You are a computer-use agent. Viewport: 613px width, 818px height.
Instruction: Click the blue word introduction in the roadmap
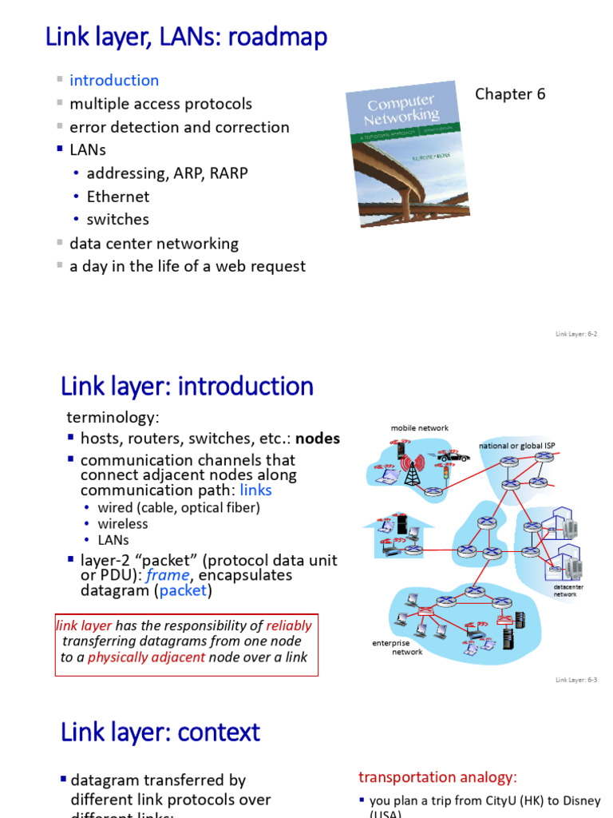(x=114, y=80)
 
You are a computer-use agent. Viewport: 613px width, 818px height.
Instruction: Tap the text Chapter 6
(x=510, y=94)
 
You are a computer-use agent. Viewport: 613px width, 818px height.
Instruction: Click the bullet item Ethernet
(x=118, y=196)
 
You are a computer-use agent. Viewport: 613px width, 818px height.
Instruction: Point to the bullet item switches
(x=118, y=219)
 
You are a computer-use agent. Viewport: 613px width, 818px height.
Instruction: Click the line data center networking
(x=154, y=243)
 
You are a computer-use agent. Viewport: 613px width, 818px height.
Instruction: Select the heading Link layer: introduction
(x=187, y=387)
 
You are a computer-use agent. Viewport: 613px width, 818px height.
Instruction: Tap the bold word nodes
(x=318, y=439)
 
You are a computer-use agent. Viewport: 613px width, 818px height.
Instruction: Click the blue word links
(x=255, y=490)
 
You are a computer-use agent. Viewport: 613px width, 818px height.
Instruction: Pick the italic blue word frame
(x=173, y=575)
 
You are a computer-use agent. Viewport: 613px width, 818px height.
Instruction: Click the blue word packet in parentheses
(x=184, y=591)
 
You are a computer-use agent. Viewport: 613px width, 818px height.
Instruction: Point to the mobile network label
(x=419, y=428)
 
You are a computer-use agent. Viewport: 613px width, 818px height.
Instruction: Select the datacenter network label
(x=564, y=590)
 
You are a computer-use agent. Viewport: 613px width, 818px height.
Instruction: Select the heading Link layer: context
(x=160, y=732)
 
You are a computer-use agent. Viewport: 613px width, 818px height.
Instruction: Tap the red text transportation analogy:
(x=438, y=777)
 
